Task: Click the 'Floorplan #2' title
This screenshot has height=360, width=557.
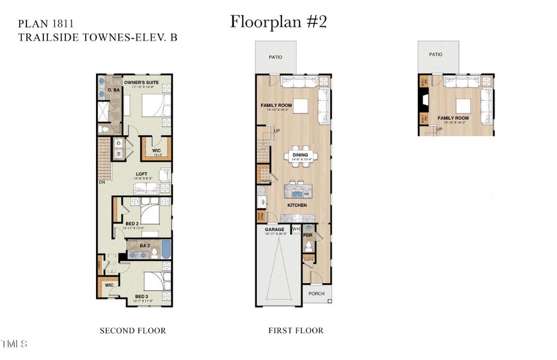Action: tap(278, 22)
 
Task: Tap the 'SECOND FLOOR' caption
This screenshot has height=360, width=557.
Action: tap(132, 331)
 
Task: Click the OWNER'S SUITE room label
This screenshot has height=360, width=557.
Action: tap(140, 82)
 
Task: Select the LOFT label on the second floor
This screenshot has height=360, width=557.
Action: tap(141, 175)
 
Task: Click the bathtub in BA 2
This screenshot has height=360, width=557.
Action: tap(166, 248)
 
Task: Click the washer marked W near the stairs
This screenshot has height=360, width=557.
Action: tap(118, 153)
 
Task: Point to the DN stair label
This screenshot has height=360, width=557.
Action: tap(103, 182)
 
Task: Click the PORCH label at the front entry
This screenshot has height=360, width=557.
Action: tap(316, 293)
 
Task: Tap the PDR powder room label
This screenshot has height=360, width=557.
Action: tap(307, 235)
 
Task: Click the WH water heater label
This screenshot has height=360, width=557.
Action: tap(295, 229)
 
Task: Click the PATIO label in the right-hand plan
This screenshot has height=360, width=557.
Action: tap(436, 54)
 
